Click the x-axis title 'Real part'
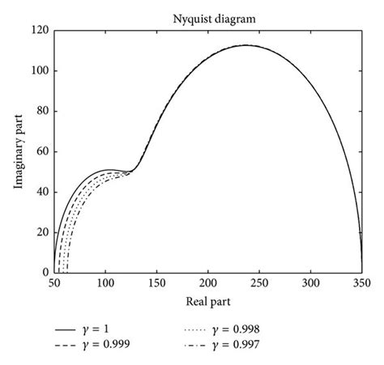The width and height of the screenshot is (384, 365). point(208,302)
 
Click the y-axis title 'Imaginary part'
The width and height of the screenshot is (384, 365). point(17,151)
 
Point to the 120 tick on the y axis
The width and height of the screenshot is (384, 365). point(40,31)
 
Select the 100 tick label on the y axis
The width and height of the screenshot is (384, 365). point(40,71)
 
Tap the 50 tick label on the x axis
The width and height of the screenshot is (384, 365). point(54,285)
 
